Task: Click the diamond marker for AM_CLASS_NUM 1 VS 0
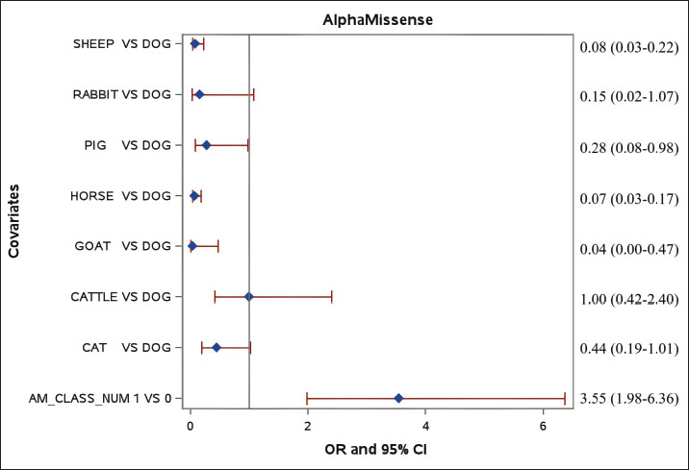tap(398, 398)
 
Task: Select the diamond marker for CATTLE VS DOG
tap(249, 297)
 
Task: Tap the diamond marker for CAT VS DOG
tap(217, 347)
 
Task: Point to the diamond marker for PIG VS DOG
tap(206, 145)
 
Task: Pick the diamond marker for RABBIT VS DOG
tap(199, 94)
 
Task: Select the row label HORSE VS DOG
tap(120, 196)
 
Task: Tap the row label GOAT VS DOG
tap(122, 246)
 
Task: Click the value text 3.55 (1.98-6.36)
tap(627, 398)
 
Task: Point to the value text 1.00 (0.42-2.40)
tap(627, 298)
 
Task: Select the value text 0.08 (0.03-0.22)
tap(627, 45)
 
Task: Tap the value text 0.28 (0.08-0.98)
tap(627, 146)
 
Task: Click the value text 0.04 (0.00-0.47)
tap(627, 247)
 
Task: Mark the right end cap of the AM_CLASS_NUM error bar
tap(564, 398)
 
